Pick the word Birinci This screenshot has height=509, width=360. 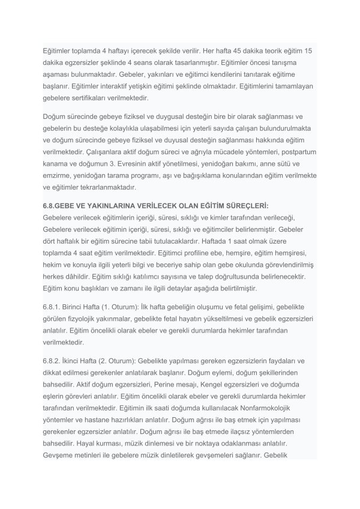pos(77,306)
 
